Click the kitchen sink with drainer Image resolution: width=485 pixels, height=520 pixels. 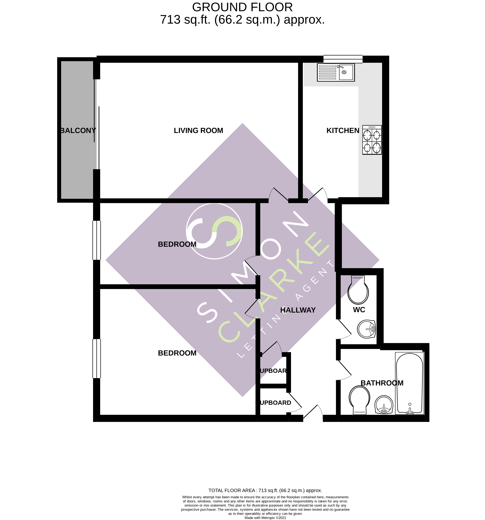[x=336, y=72]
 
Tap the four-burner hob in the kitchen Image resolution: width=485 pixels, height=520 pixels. [x=372, y=140]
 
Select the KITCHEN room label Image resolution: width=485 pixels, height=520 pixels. [x=343, y=131]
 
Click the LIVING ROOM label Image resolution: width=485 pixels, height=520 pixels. [x=198, y=131]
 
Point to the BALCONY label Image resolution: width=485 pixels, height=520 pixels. [x=78, y=131]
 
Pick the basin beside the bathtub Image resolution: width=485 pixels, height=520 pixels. [x=384, y=404]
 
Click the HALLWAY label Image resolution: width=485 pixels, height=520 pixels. [x=298, y=310]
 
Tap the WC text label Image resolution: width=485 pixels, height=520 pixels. [x=359, y=310]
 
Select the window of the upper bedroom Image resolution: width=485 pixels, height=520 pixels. [x=97, y=240]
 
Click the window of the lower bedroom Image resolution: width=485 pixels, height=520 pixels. [x=97, y=358]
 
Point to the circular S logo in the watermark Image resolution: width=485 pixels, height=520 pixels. [x=214, y=231]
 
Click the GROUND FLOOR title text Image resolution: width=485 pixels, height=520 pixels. [x=242, y=7]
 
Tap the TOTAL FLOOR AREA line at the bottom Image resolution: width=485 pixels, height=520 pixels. [x=265, y=490]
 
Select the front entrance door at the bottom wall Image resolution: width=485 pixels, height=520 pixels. [x=313, y=415]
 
